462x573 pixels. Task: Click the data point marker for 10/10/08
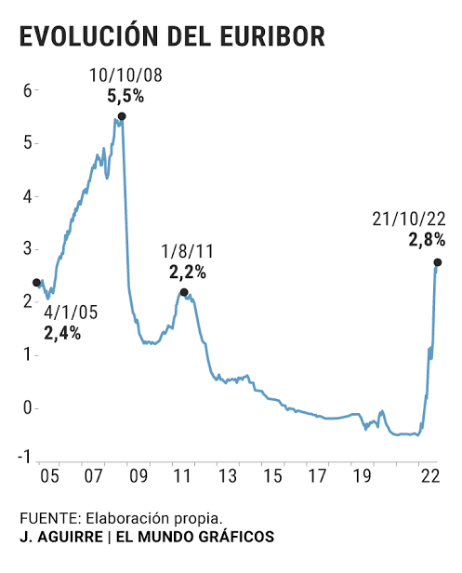[122, 116]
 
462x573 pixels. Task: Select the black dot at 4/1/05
[36, 283]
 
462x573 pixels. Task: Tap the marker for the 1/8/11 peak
[184, 292]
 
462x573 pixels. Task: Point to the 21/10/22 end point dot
[438, 262]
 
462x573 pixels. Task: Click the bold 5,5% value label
[125, 96]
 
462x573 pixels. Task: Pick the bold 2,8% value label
[427, 240]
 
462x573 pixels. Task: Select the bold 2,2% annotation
[188, 273]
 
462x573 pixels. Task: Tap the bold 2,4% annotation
[62, 333]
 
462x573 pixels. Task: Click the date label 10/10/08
[125, 75]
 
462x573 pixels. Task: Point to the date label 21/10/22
[409, 220]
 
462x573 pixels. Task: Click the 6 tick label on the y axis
[28, 90]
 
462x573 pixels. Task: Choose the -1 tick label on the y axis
[25, 457]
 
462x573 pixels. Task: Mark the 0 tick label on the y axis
[28, 407]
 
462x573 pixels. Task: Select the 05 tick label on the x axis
[49, 476]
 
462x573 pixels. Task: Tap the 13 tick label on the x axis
[228, 476]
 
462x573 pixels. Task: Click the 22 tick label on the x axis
[430, 476]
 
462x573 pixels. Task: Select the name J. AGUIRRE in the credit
[61, 537]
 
